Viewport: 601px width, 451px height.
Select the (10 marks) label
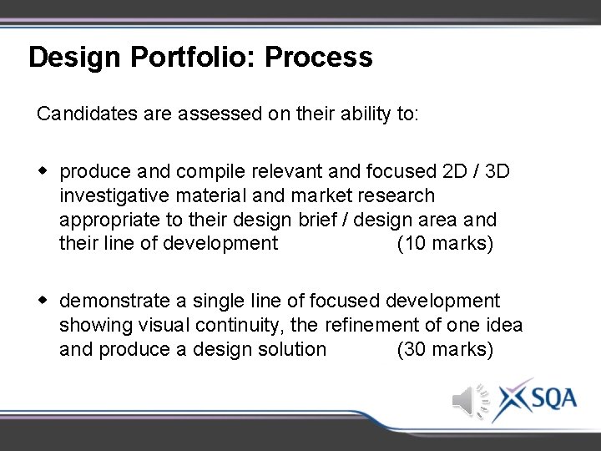click(x=445, y=244)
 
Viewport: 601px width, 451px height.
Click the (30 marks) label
click(x=445, y=349)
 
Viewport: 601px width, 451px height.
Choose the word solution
click(x=291, y=349)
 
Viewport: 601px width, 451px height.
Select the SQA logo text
click(x=548, y=398)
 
